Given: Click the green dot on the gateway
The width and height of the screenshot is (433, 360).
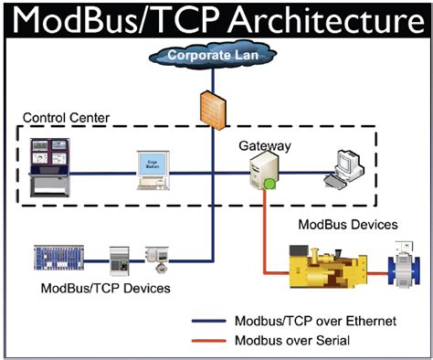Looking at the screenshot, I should (x=269, y=185).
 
